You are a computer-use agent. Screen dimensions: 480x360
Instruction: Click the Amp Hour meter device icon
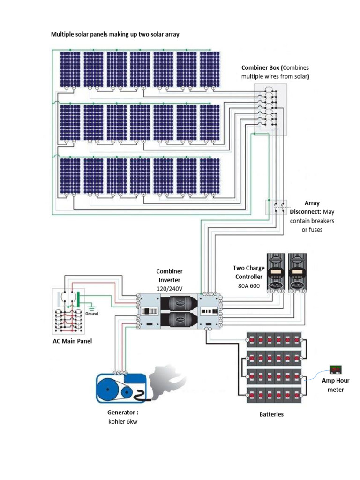(x=336, y=369)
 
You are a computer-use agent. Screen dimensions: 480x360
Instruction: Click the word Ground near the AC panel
(x=91, y=314)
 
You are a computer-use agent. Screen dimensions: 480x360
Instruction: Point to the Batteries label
(x=271, y=414)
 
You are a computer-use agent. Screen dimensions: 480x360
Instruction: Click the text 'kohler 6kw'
(x=123, y=421)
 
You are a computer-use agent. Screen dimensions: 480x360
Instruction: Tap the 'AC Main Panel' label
(x=72, y=341)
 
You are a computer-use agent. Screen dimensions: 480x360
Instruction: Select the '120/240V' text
(x=169, y=288)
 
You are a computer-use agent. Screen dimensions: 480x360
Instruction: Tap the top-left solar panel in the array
(x=70, y=68)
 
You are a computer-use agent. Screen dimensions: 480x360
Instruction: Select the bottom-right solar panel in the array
(x=210, y=175)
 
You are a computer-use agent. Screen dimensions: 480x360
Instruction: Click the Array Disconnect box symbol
(x=277, y=207)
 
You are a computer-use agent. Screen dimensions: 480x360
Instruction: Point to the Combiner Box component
(x=270, y=110)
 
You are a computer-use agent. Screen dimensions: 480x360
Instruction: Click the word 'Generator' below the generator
(x=121, y=413)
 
